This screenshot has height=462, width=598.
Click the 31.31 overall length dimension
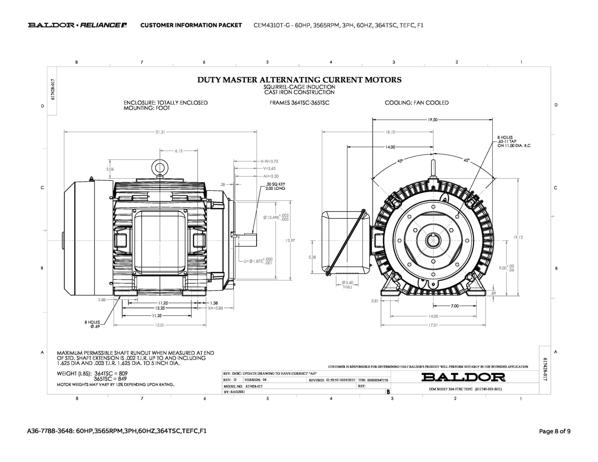160,132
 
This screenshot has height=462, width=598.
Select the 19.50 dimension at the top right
432,119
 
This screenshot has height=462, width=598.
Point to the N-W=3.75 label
269,161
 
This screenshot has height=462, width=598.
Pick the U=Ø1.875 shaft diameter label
258,261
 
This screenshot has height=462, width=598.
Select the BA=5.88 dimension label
215,308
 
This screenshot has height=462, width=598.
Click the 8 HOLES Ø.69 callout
92,324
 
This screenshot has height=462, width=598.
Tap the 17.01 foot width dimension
433,325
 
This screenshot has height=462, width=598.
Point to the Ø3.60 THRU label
347,285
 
